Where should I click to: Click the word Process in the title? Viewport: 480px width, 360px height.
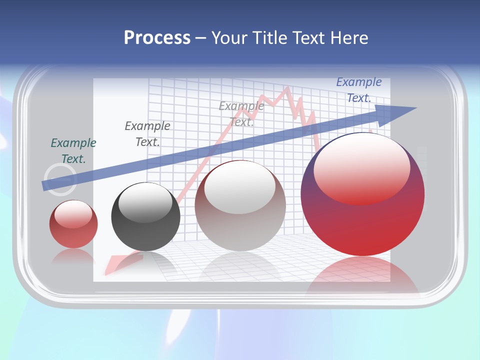157,38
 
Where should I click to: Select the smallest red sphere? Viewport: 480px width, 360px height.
73,224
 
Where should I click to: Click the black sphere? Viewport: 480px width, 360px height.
145,217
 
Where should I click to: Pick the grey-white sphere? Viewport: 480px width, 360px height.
240,205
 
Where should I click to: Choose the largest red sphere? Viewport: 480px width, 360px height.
362,195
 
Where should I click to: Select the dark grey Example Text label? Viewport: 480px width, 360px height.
147,134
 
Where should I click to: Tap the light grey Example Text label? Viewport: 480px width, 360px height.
241,113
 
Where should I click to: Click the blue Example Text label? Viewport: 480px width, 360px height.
359,90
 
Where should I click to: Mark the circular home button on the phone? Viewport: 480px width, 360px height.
60,179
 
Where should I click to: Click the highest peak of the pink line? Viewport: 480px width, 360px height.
287,88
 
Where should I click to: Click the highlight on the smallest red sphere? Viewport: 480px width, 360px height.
73,214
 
